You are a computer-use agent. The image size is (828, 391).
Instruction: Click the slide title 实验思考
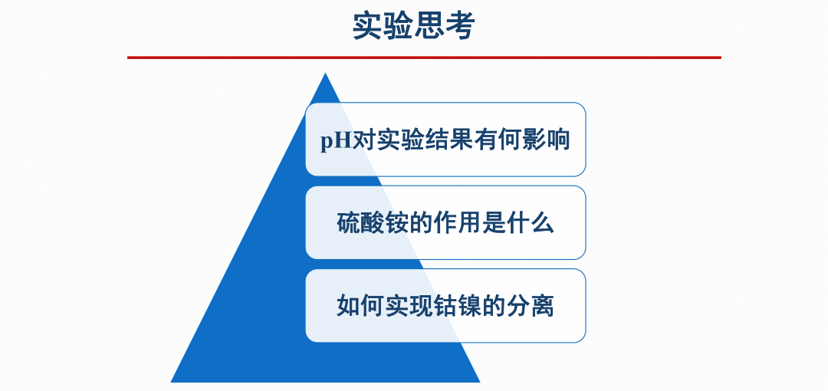(x=414, y=26)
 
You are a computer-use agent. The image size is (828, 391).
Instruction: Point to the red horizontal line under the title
(x=424, y=57)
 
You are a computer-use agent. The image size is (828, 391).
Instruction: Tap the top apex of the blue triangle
(x=325, y=73)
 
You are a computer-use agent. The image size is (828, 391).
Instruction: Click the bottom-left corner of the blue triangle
(x=171, y=382)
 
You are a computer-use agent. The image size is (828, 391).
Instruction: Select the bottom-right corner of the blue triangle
(x=479, y=382)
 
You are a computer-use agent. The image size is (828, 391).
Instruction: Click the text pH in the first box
(x=336, y=141)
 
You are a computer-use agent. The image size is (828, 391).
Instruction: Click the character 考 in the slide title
(x=461, y=26)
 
